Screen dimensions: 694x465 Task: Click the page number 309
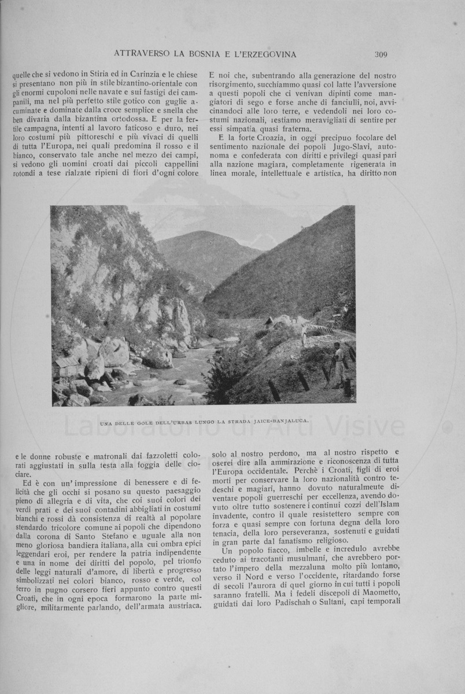pyautogui.click(x=381, y=55)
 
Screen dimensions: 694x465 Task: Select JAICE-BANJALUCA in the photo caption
pyautogui.click(x=279, y=421)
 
